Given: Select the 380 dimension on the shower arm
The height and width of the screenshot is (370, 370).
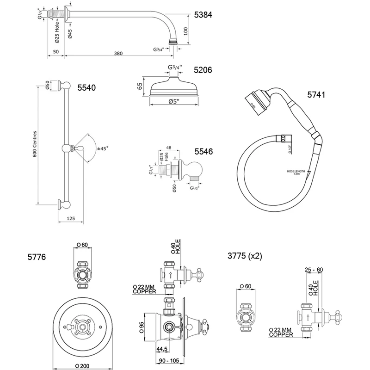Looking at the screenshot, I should (118, 54).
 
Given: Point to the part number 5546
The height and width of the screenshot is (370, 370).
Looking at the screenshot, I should (203, 151).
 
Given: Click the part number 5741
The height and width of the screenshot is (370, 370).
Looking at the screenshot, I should (317, 95).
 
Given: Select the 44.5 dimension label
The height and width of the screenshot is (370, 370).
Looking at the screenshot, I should (162, 349).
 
